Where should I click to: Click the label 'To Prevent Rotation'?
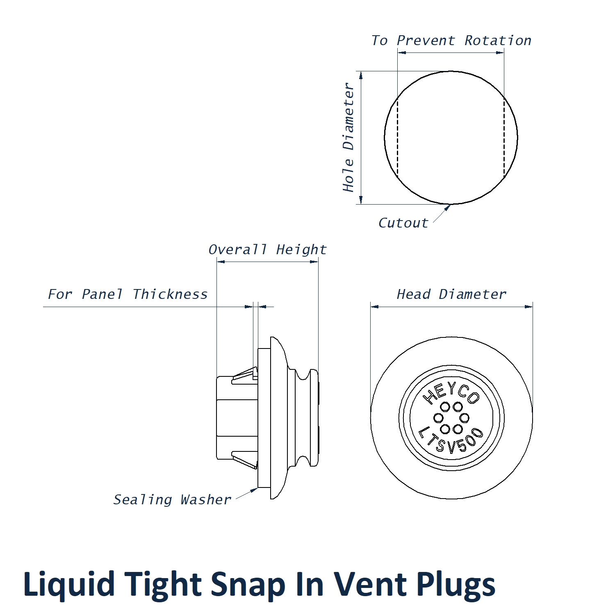coord(451,41)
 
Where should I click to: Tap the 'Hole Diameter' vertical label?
coord(348,137)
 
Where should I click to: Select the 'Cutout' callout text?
coord(403,223)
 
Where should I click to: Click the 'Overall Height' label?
coord(267,250)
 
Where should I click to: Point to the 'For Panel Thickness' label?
coord(128,294)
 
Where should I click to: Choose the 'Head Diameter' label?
coord(451,294)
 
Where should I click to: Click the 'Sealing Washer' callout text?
coord(172,500)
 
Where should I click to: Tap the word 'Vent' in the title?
coord(369,584)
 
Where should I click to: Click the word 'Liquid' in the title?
coord(69,584)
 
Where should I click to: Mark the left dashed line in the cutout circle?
coord(397,137)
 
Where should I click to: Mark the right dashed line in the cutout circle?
coord(504,137)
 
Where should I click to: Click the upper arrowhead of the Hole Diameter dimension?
coord(361,75)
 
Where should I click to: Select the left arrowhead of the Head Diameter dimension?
coord(374,306)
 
